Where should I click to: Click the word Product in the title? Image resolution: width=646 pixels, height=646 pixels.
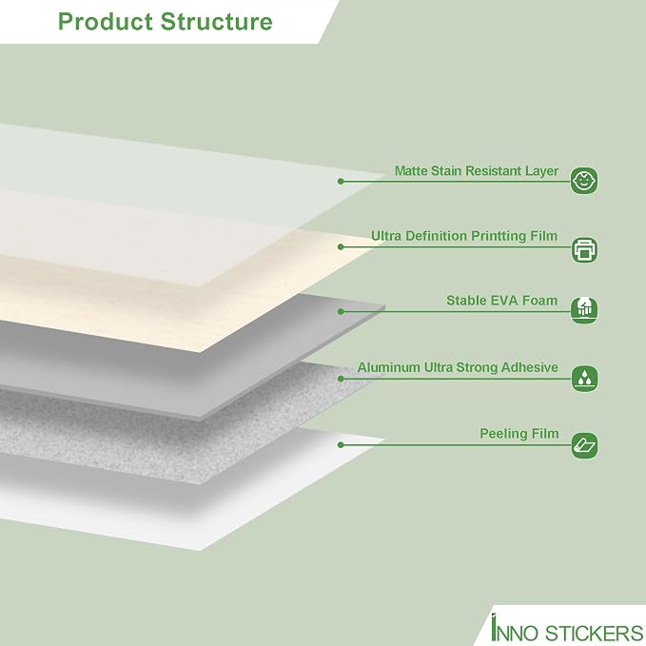point(106,22)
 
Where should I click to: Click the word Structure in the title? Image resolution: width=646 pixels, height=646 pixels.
point(217,22)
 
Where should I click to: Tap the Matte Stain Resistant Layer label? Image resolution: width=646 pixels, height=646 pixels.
point(477,171)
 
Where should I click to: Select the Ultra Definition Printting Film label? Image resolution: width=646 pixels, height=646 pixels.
point(464,236)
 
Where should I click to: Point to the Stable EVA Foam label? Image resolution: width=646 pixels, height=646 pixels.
point(501,301)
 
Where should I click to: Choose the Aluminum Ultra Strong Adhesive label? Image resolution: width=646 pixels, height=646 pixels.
point(458,367)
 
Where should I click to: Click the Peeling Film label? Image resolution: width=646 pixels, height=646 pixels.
point(519,434)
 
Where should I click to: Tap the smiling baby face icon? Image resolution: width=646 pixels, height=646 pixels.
point(584,181)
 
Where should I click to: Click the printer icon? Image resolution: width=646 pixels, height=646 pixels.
point(584,250)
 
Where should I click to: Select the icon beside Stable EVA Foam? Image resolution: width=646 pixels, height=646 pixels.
point(584,310)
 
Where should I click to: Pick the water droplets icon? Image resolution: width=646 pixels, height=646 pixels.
point(584,379)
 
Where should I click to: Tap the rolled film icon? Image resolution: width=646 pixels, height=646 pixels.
point(584,445)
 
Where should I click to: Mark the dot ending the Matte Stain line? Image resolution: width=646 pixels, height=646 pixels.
point(341,182)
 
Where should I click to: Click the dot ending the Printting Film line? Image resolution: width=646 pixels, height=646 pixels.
point(341,246)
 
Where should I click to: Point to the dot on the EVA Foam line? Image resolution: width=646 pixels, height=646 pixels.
point(341,311)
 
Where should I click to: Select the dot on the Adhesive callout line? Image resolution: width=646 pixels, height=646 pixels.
point(341,379)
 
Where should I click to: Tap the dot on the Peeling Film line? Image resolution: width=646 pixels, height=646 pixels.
point(341,445)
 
